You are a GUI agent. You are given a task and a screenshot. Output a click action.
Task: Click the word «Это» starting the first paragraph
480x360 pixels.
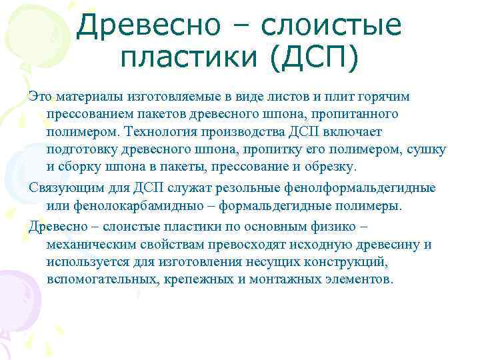(41, 97)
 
